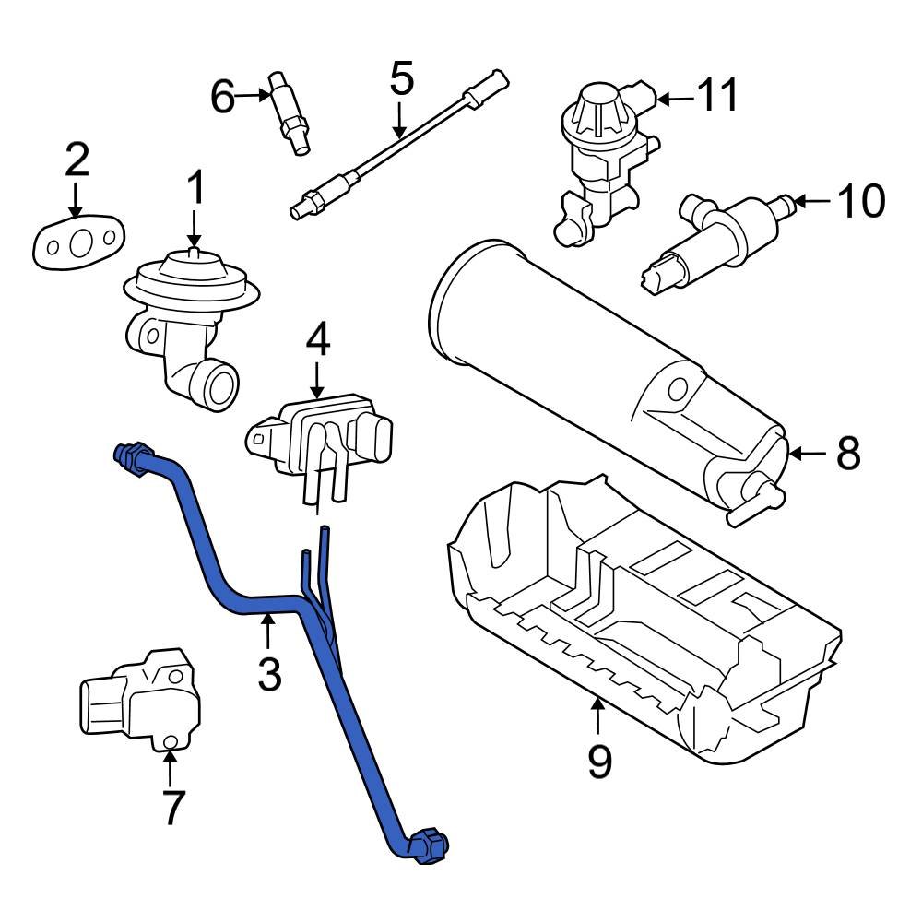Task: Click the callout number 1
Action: pyautogui.click(x=195, y=189)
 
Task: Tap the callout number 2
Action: pyautogui.click(x=77, y=160)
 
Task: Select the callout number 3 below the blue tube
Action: pyautogui.click(x=268, y=673)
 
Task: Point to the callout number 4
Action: pyautogui.click(x=317, y=340)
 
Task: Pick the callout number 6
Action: pyautogui.click(x=223, y=95)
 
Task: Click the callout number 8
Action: pyautogui.click(x=847, y=453)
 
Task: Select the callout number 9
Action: pyautogui.click(x=599, y=762)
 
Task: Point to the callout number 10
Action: pyautogui.click(x=861, y=200)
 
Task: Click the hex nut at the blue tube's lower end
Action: pyautogui.click(x=429, y=845)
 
